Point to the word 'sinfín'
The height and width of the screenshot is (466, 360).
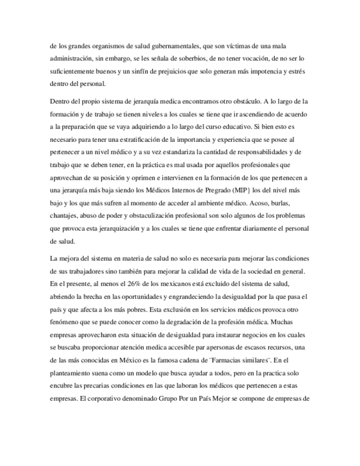click(157, 72)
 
